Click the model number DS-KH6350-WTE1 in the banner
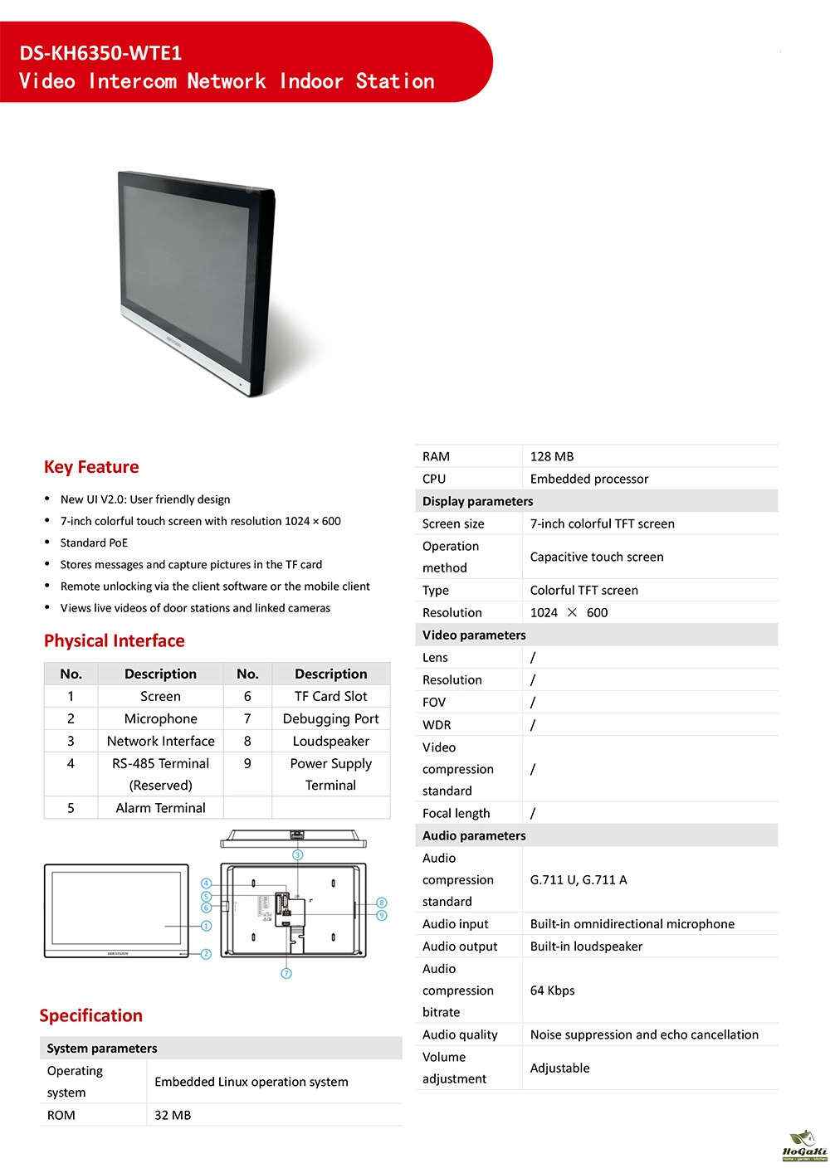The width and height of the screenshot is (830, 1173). [x=100, y=53]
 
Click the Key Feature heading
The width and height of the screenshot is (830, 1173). [x=91, y=467]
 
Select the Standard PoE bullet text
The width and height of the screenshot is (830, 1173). [x=94, y=543]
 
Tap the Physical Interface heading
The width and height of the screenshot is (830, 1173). [x=115, y=640]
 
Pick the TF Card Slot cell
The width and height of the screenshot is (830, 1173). [x=330, y=696]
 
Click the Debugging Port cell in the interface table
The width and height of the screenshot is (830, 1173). [x=330, y=718]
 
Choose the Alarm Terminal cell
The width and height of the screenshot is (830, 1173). [x=160, y=807]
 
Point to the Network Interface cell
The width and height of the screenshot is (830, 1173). [x=160, y=741]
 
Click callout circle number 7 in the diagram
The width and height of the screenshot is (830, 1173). [x=286, y=973]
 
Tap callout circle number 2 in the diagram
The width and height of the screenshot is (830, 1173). [x=206, y=954]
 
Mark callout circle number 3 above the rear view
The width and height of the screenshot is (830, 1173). [x=297, y=854]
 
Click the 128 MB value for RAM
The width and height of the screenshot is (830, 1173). [x=552, y=456]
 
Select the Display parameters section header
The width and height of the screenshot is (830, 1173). [x=478, y=501]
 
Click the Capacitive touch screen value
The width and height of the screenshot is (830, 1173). [x=597, y=557]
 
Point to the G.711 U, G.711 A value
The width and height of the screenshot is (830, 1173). [x=579, y=879]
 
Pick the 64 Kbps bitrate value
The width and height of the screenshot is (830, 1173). [x=552, y=990]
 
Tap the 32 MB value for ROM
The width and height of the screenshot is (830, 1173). [x=173, y=1115]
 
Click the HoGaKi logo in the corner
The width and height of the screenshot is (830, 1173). [x=804, y=1147]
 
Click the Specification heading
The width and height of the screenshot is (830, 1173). [x=91, y=1015]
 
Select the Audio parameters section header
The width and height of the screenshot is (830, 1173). [x=474, y=835]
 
